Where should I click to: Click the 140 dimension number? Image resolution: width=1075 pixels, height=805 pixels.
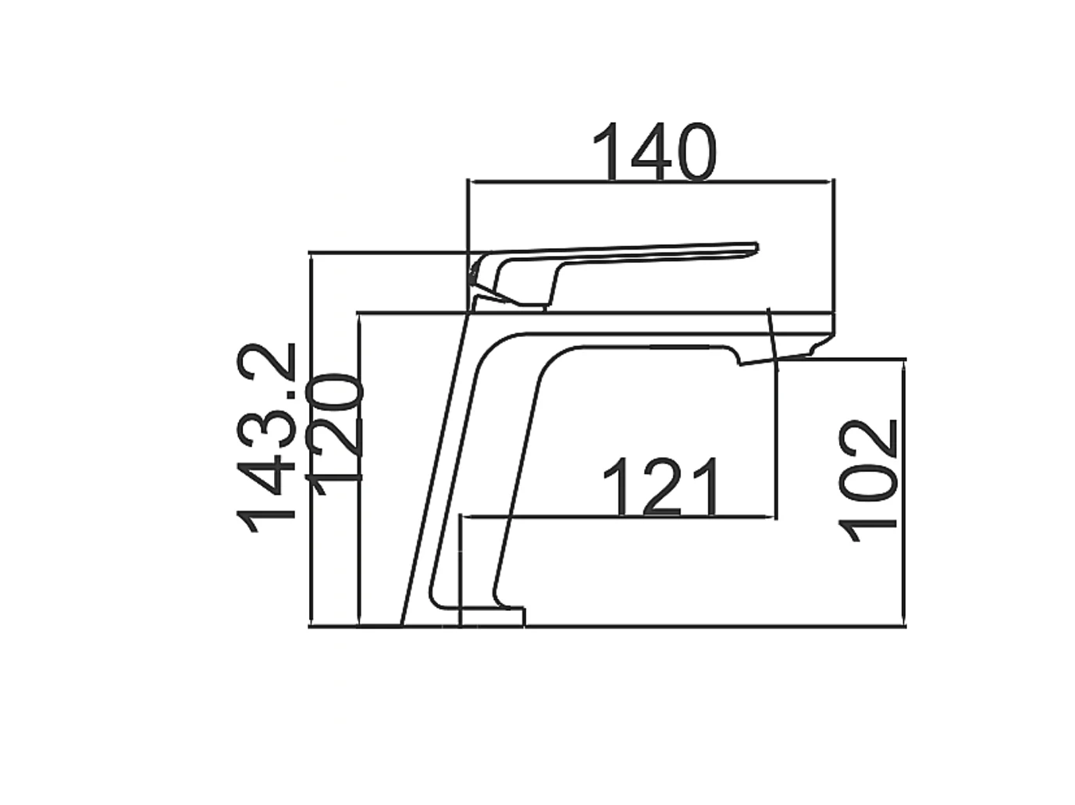(653, 152)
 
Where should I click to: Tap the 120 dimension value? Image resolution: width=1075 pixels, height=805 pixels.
(336, 434)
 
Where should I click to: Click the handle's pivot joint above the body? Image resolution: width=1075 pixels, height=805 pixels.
(480, 285)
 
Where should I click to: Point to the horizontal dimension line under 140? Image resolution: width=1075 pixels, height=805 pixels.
(648, 183)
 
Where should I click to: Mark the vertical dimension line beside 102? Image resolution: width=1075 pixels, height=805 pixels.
(904, 491)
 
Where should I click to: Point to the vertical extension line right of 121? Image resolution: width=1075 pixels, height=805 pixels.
(776, 437)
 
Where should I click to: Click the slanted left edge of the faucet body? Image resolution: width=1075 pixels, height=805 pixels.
(434, 468)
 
